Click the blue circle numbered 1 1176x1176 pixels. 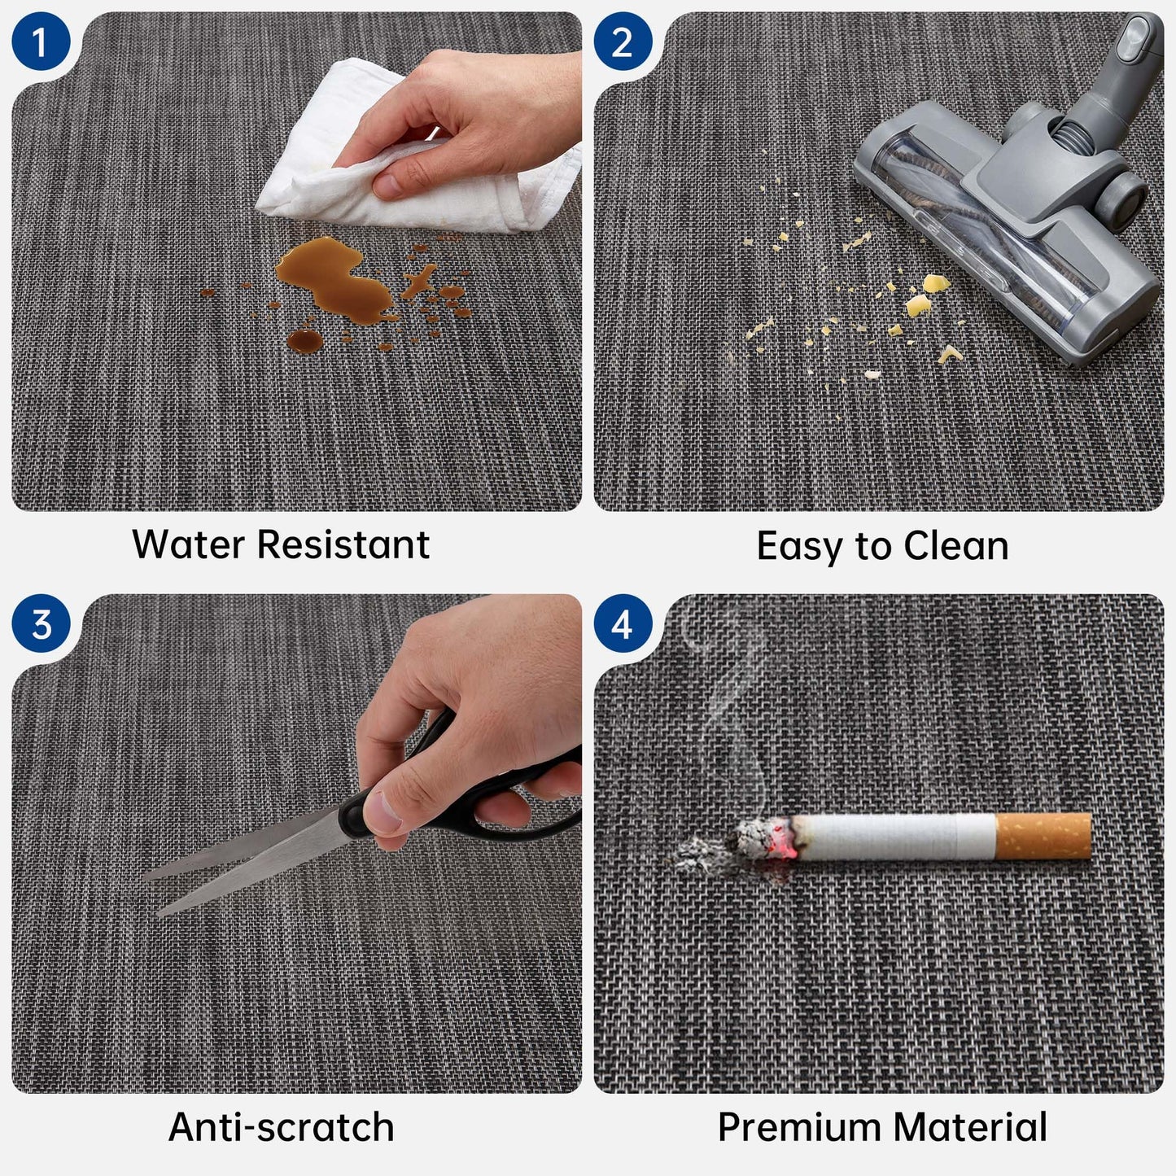pyautogui.click(x=41, y=41)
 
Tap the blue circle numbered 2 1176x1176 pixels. pyautogui.click(x=623, y=41)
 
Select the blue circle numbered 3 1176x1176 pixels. pyautogui.click(x=41, y=623)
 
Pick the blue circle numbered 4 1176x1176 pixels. pyautogui.click(x=623, y=623)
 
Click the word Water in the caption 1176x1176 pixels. pyautogui.click(x=188, y=544)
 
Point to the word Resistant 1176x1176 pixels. pyautogui.click(x=343, y=544)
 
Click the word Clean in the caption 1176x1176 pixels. pyautogui.click(x=955, y=545)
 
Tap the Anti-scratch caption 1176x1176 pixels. pyautogui.click(x=282, y=1126)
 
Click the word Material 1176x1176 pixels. pyautogui.click(x=970, y=1126)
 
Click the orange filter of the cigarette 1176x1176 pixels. pyautogui.click(x=1043, y=836)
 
